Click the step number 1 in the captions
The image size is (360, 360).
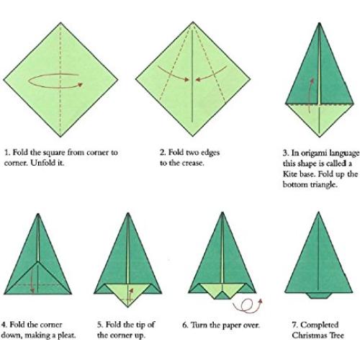pyautogui.click(x=6, y=153)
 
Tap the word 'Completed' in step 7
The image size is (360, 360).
pyautogui.click(x=318, y=325)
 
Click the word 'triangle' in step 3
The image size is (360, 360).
pyautogui.click(x=312, y=185)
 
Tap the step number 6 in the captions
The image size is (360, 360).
pyautogui.click(x=185, y=325)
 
